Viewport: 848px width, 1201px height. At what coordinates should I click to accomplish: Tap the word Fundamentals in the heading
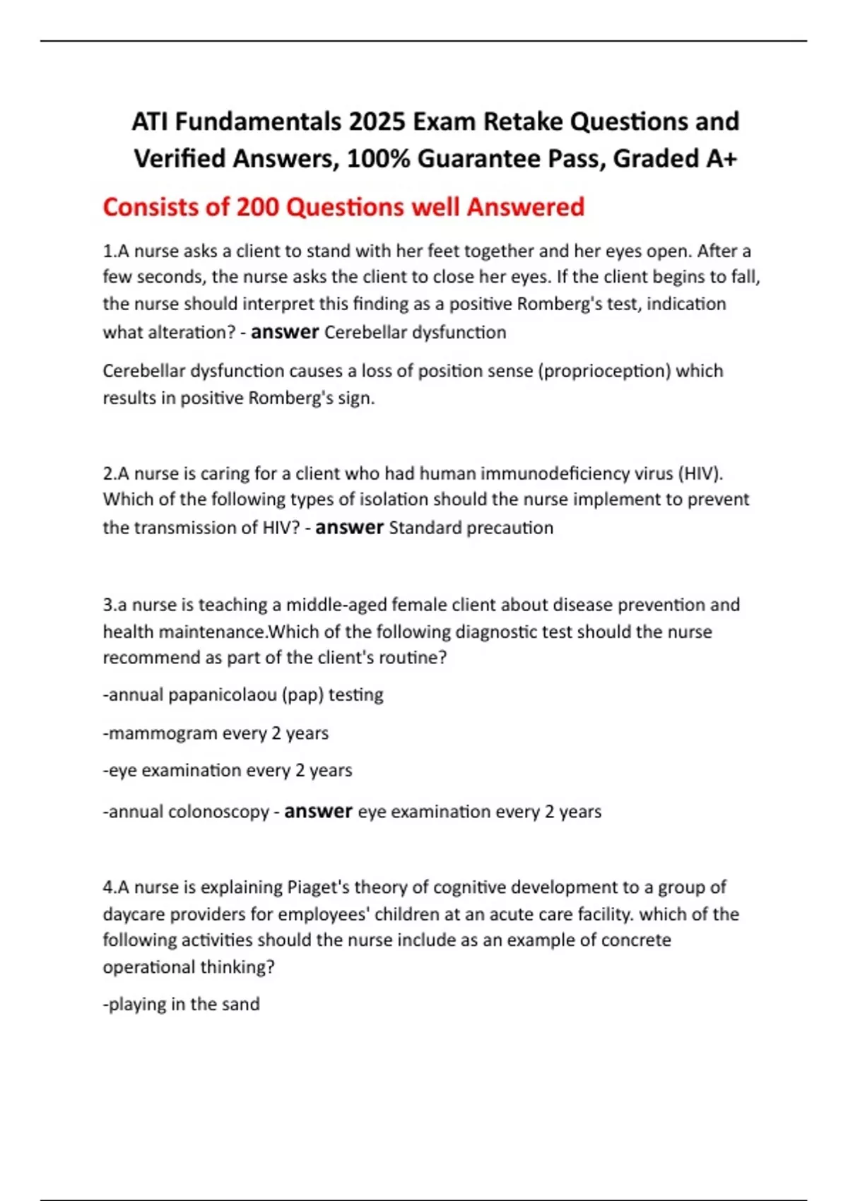[x=258, y=122]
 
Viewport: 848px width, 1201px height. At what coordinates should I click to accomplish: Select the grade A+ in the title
[x=722, y=158]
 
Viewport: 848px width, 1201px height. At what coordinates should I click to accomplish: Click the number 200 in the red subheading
[x=259, y=207]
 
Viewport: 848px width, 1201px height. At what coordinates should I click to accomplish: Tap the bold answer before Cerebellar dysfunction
[x=285, y=332]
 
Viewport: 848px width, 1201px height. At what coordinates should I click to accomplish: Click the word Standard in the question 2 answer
[x=422, y=528]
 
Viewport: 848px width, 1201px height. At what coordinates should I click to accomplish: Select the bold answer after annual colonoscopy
[x=318, y=812]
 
